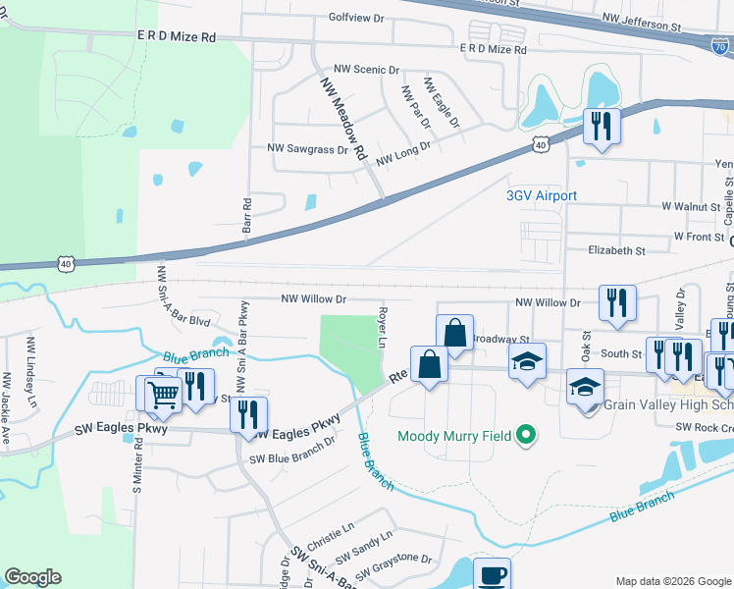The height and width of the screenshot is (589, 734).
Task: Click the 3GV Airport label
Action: tap(541, 196)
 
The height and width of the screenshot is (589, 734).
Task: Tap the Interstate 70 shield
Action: tap(720, 43)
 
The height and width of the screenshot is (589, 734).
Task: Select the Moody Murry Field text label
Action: tap(455, 435)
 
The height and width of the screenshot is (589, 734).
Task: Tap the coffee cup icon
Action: tap(492, 573)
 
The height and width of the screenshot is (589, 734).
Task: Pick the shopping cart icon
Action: tap(165, 393)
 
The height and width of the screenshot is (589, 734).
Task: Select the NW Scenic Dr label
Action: tap(367, 70)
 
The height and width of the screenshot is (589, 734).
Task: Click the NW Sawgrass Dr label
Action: tap(308, 149)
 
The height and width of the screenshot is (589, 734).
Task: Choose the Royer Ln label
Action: tap(382, 330)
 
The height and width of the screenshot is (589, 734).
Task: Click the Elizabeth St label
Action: tap(616, 250)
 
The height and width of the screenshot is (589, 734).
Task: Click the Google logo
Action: tap(32, 577)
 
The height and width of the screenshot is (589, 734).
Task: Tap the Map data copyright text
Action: tap(672, 581)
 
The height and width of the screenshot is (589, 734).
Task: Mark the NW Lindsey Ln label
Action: tap(31, 360)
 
